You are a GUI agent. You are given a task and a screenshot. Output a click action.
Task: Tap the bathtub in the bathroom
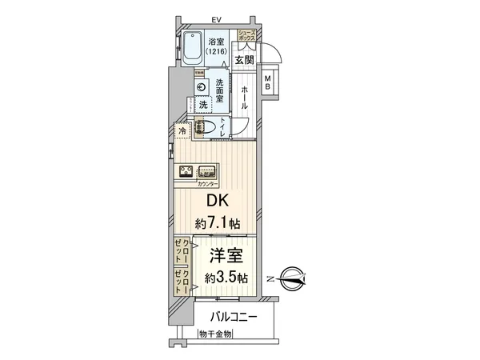(192, 50)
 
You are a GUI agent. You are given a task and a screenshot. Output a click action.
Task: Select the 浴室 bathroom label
(217, 42)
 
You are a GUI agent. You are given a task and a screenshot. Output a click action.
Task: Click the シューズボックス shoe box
(245, 35)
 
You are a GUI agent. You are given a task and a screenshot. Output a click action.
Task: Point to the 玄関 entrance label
(244, 59)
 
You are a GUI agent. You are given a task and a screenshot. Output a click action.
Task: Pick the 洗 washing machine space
(204, 105)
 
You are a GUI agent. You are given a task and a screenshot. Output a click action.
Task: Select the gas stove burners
(185, 170)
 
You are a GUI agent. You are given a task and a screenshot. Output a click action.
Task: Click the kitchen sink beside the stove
(207, 170)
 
